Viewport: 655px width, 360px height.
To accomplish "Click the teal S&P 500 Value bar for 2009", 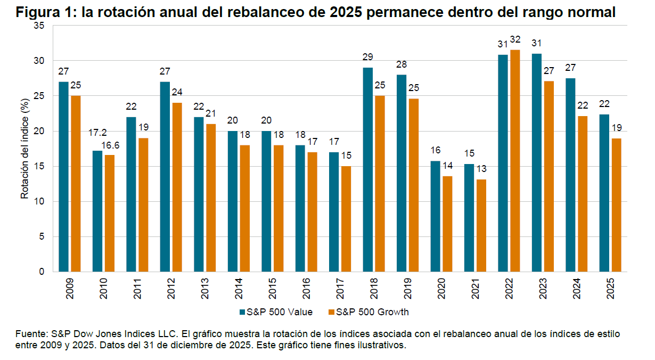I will pos(63,177).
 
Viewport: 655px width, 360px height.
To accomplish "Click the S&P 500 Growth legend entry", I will pos(368,312).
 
